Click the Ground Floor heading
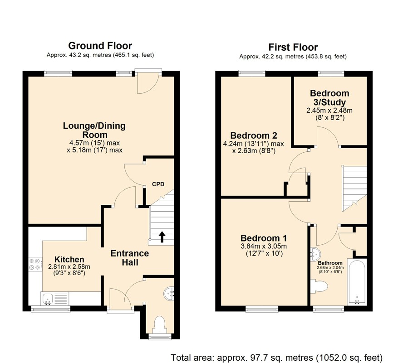[100, 46]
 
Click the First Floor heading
[293, 47]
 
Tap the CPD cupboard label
[158, 184]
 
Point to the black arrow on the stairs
[162, 237]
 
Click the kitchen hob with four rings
[35, 264]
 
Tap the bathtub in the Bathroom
[357, 282]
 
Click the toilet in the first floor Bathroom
[319, 286]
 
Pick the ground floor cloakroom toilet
[160, 325]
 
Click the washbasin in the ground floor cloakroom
[169, 293]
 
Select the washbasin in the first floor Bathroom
[315, 254]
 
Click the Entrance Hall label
[130, 258]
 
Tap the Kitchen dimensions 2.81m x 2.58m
[69, 267]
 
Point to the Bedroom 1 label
[264, 238]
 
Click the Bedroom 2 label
[254, 136]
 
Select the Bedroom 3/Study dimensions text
[329, 114]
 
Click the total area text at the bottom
[276, 358]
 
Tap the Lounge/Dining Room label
[94, 130]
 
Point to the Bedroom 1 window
[262, 309]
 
